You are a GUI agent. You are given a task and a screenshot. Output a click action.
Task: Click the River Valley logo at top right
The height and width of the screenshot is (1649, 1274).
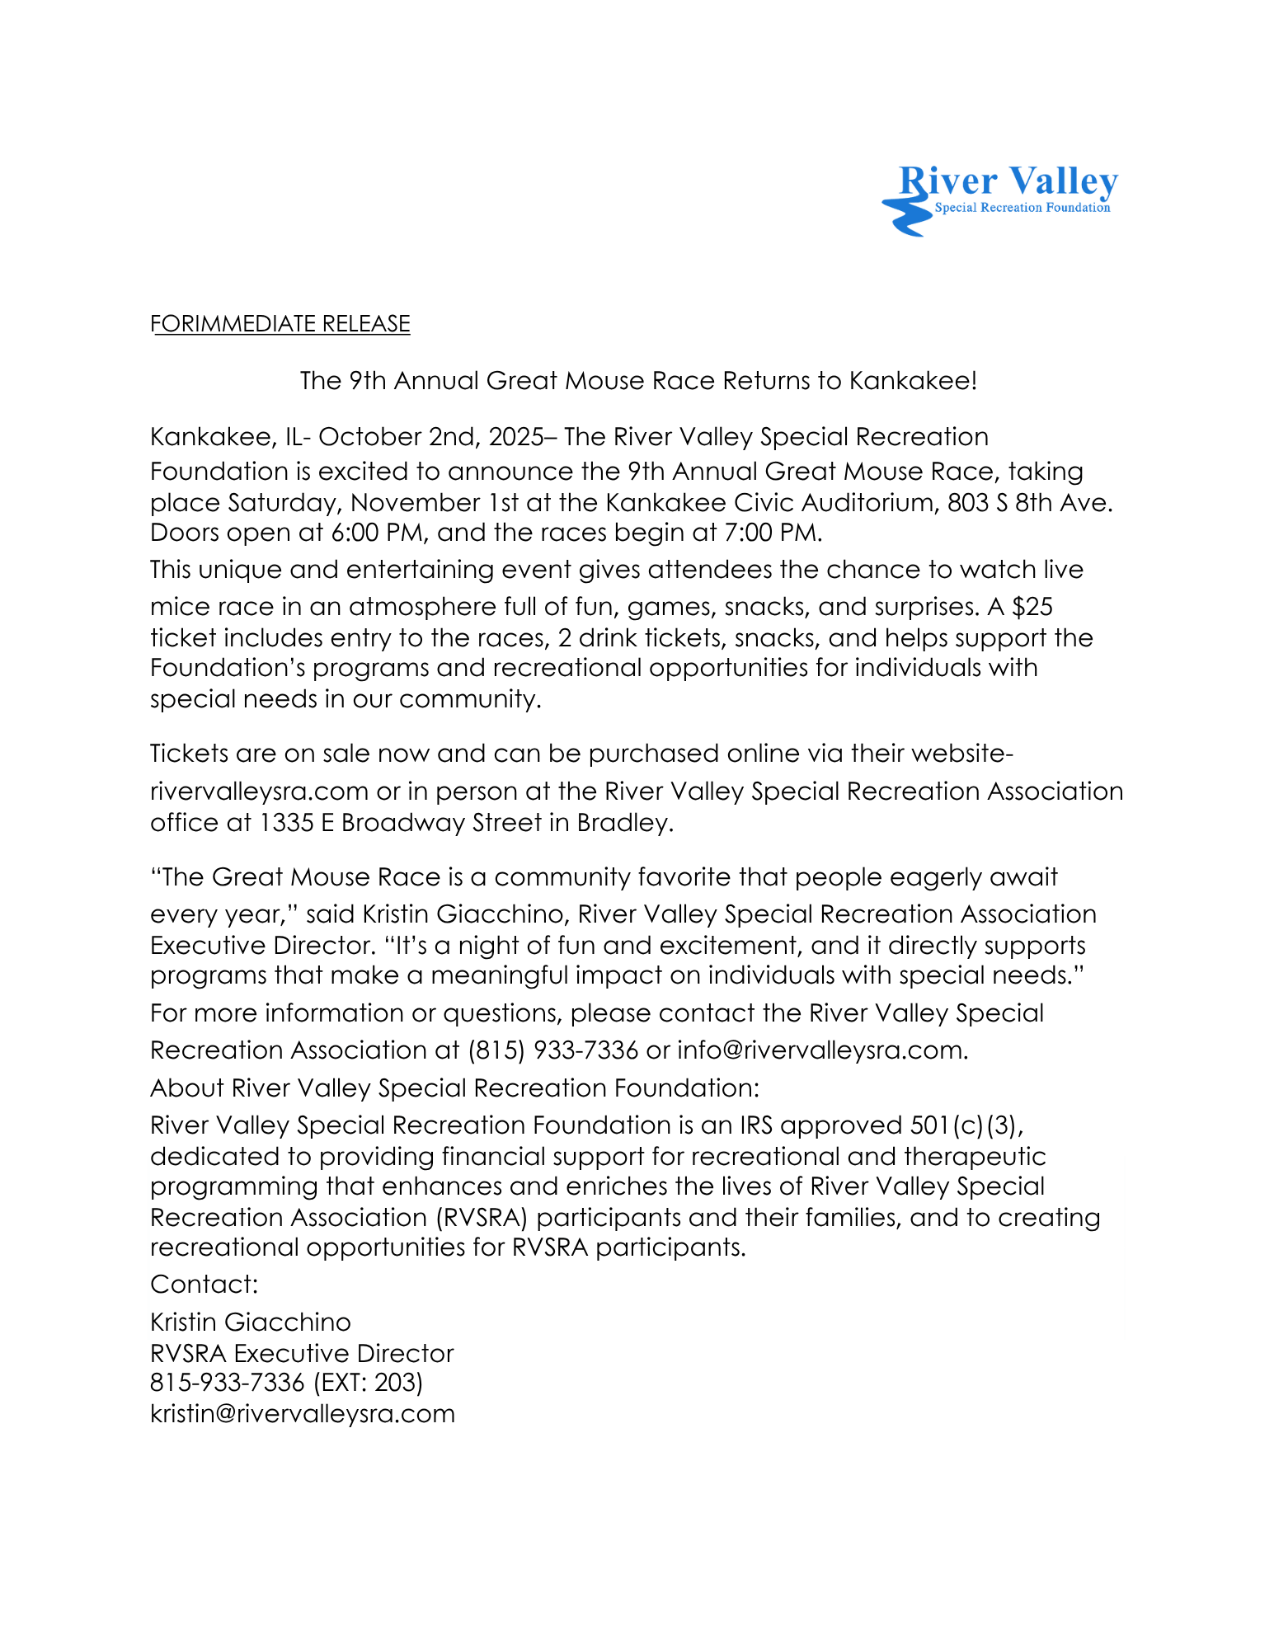[x=999, y=198]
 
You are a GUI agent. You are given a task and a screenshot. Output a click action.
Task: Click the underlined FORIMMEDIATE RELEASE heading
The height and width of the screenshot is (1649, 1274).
[x=280, y=323]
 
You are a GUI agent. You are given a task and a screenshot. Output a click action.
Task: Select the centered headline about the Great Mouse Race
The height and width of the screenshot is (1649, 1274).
[x=637, y=380]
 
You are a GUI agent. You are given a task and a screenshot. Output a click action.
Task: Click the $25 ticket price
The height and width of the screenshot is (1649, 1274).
[x=1032, y=607]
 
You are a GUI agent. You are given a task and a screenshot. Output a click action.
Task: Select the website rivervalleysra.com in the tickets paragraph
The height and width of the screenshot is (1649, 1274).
[x=259, y=791]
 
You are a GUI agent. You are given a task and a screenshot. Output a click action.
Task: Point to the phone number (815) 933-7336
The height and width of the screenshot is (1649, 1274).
[x=552, y=1050]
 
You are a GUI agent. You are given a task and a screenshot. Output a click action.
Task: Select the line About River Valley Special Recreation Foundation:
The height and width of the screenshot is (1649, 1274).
[x=454, y=1088]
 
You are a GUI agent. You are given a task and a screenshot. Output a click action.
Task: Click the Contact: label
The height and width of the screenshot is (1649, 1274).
[x=204, y=1284]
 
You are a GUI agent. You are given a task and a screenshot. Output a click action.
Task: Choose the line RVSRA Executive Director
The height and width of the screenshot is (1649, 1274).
[x=302, y=1353]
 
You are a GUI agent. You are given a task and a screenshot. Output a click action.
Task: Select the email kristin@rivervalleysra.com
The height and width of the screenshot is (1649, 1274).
[x=303, y=1413]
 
